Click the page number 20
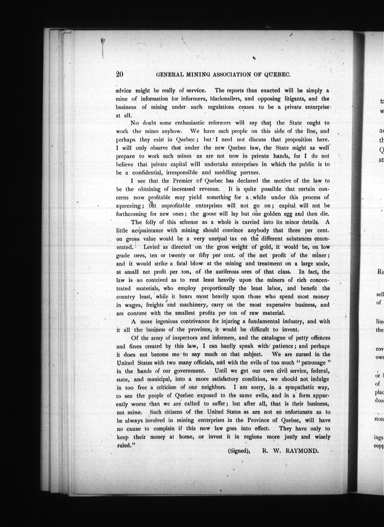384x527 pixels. tap(119, 74)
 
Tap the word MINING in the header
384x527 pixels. tap(198, 75)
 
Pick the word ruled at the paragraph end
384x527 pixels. tap(124, 445)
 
